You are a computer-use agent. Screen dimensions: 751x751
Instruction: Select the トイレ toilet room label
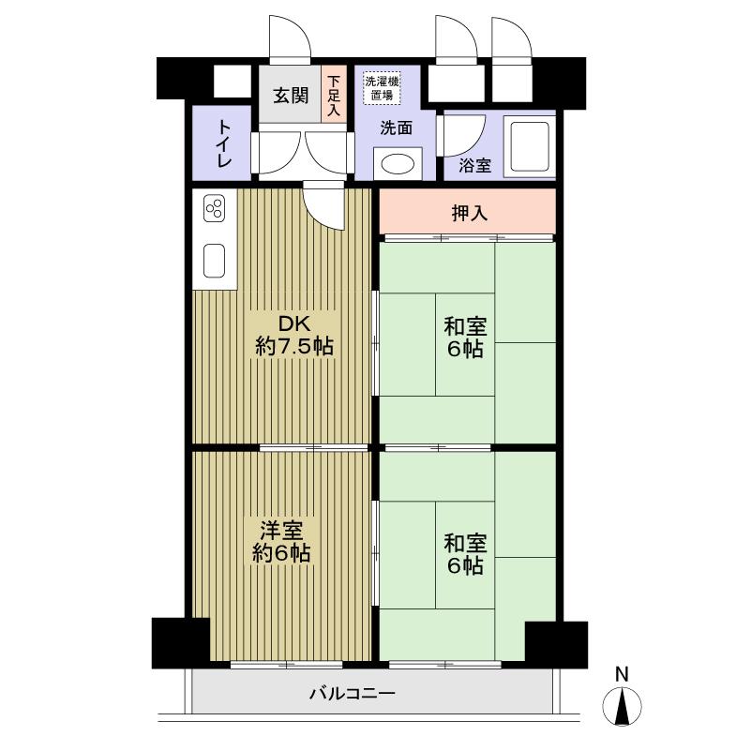pyautogui.click(x=225, y=143)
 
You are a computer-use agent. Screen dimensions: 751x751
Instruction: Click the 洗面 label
pyautogui.click(x=396, y=129)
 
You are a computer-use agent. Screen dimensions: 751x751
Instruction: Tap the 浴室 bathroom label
pyautogui.click(x=474, y=166)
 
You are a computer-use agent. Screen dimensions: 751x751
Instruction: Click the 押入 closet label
pyautogui.click(x=469, y=214)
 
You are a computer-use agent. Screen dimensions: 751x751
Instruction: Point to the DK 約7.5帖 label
pyautogui.click(x=293, y=336)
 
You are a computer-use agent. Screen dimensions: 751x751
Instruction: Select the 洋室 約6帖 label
pyautogui.click(x=280, y=541)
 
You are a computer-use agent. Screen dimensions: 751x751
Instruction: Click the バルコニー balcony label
pyautogui.click(x=352, y=694)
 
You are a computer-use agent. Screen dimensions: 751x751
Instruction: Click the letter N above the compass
pyautogui.click(x=621, y=673)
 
